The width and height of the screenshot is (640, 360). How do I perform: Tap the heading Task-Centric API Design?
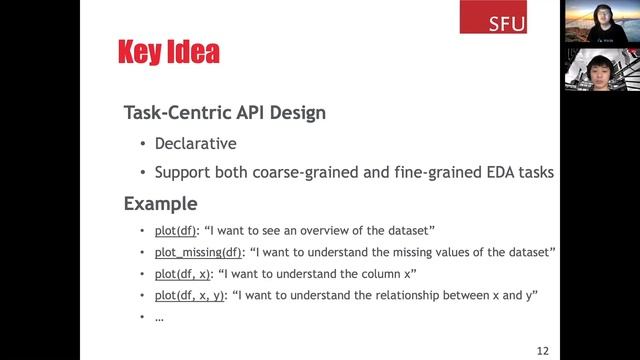[224, 112]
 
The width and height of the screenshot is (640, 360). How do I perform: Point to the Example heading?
[160, 204]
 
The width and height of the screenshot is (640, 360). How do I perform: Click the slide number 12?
[543, 350]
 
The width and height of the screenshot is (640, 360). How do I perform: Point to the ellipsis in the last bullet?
[159, 317]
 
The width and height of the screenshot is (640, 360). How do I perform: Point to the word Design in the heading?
[296, 112]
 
